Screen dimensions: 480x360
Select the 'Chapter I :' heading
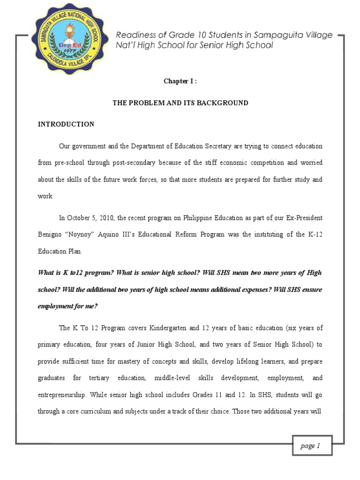tap(180, 81)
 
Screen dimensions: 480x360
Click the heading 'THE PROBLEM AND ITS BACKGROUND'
tap(180, 103)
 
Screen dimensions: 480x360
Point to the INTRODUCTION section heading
tap(66, 124)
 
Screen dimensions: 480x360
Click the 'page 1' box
tap(310, 446)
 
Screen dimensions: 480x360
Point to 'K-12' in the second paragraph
tap(314, 234)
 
